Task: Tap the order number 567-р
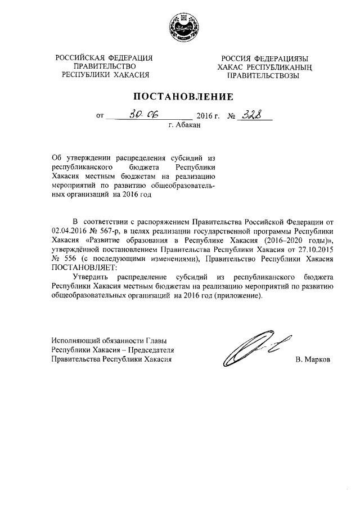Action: click(111, 231)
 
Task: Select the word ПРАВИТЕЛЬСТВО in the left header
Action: click(105, 66)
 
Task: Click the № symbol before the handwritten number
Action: click(230, 116)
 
